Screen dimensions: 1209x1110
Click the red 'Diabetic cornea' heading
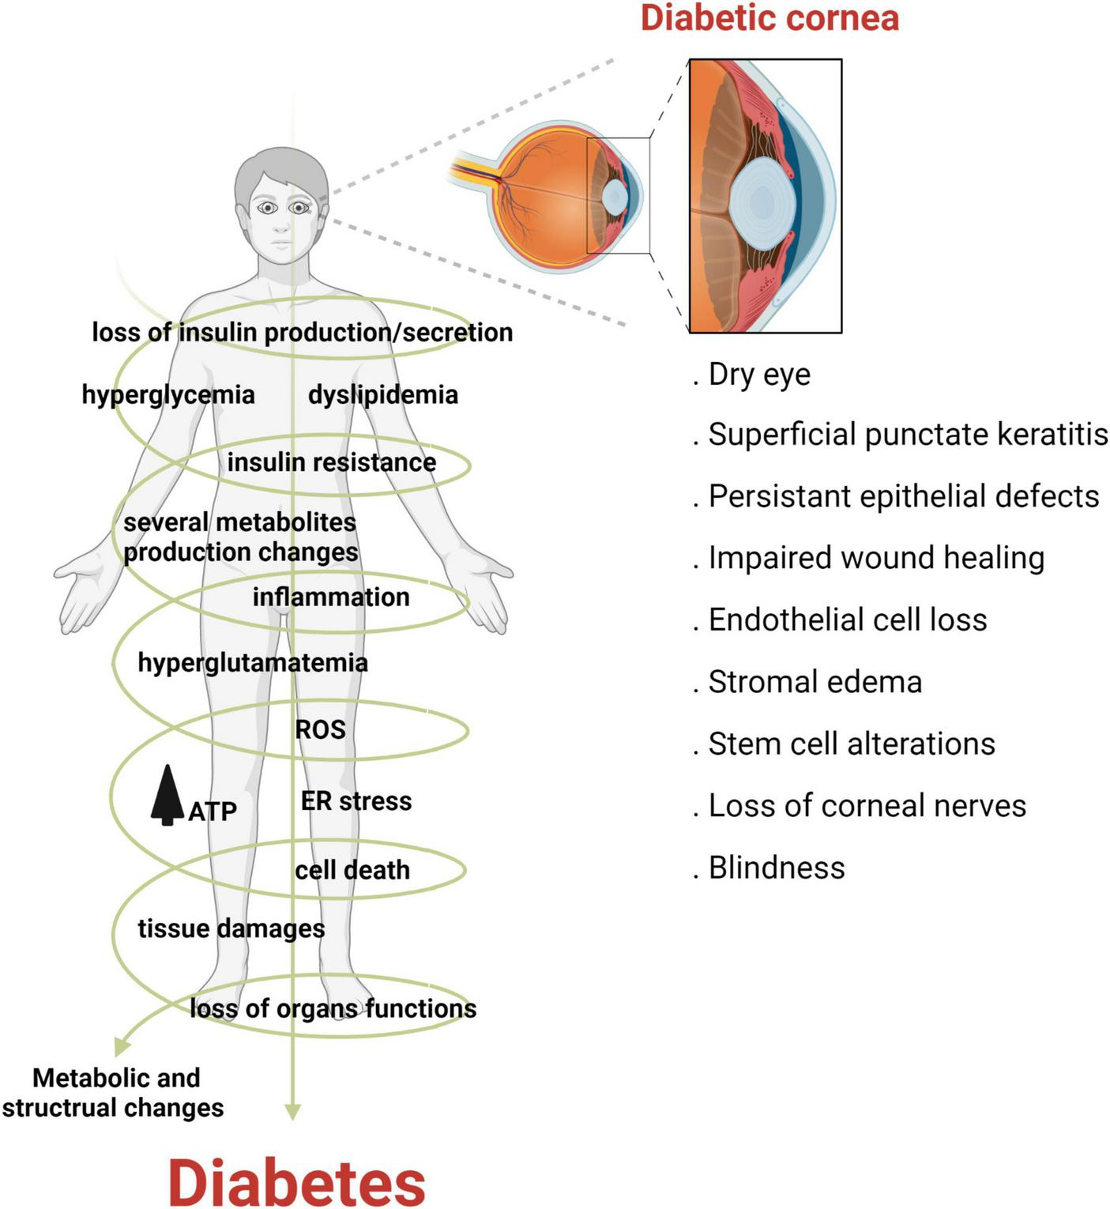pos(769,17)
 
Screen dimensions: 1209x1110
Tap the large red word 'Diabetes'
pos(297,1183)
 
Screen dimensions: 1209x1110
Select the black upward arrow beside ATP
pos(167,796)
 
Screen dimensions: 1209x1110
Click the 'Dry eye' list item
pos(758,374)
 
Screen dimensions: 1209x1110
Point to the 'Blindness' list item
pos(776,868)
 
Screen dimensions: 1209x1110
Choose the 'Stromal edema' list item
pos(814,682)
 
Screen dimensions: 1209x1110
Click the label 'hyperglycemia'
pos(168,394)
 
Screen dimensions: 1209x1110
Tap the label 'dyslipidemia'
pos(383,394)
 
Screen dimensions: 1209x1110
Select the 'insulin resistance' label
pos(332,462)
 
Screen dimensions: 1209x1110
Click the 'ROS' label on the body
pos(320,729)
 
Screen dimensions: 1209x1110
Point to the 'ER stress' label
pos(356,801)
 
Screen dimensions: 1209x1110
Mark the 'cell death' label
pos(352,870)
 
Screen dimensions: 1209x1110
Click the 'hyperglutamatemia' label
pos(253,662)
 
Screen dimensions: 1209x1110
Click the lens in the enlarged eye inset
pos(762,200)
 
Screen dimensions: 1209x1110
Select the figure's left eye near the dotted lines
pos(299,208)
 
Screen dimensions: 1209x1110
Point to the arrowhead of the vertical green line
pos(292,1113)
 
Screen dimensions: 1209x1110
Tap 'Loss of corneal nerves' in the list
pos(867,806)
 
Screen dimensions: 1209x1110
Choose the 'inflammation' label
pos(331,597)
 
